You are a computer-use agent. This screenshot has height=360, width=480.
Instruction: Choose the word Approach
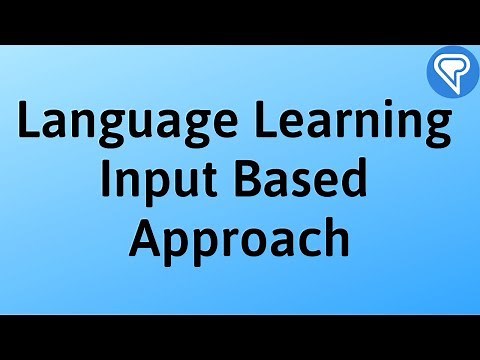pos(241,240)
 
